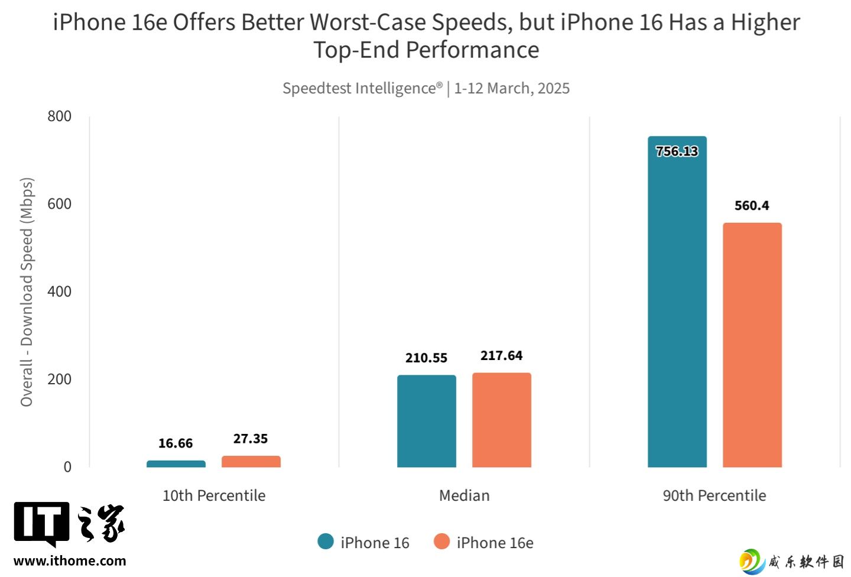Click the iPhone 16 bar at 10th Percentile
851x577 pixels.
pyautogui.click(x=176, y=464)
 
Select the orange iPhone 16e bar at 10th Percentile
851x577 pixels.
pyautogui.click(x=251, y=462)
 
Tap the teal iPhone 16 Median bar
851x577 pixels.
pyautogui.click(x=426, y=421)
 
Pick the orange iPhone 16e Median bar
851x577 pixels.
pyautogui.click(x=501, y=420)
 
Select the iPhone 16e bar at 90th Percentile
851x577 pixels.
pyautogui.click(x=752, y=345)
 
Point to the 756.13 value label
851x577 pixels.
pyautogui.click(x=677, y=151)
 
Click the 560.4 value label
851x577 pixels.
pyautogui.click(x=752, y=206)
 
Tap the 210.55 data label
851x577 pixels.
pyautogui.click(x=426, y=358)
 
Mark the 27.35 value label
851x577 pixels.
pyautogui.click(x=251, y=439)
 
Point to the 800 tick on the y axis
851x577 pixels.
pyautogui.click(x=59, y=116)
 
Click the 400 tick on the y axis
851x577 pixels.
pyautogui.click(x=59, y=291)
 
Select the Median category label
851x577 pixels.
pyautogui.click(x=464, y=495)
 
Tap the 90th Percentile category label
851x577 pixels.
pyautogui.click(x=714, y=495)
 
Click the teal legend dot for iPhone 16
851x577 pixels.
pyautogui.click(x=326, y=542)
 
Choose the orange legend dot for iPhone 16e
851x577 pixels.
pyautogui.click(x=441, y=542)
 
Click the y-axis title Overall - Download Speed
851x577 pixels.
pyautogui.click(x=27, y=292)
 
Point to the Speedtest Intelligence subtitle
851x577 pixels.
pyautogui.click(x=425, y=88)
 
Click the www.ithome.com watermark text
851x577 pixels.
pyautogui.click(x=70, y=561)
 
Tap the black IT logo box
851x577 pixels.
pyautogui.click(x=41, y=523)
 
